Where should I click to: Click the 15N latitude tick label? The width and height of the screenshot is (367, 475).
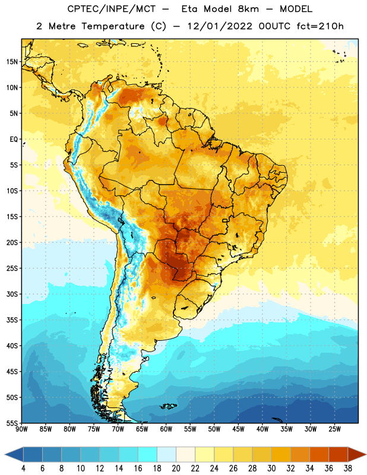click(x=12, y=62)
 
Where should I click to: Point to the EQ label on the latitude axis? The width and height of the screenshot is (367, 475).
click(x=14, y=140)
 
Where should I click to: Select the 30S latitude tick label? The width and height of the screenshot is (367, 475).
click(x=12, y=294)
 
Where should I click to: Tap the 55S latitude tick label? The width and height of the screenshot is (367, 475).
click(x=12, y=423)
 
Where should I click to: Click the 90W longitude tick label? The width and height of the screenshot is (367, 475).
click(x=21, y=429)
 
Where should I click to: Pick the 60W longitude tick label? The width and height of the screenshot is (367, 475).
click(x=166, y=429)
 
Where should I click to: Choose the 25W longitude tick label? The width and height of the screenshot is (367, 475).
click(x=334, y=429)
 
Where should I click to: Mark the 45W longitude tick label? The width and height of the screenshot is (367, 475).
click(x=238, y=429)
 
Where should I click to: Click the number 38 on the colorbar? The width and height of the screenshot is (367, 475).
click(x=348, y=468)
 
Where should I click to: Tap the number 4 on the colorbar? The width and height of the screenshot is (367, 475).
click(x=23, y=468)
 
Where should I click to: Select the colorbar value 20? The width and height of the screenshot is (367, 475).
click(x=176, y=468)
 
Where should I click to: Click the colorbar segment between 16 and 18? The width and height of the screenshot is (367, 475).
click(x=148, y=455)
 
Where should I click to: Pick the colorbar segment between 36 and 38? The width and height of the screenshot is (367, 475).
click(x=338, y=455)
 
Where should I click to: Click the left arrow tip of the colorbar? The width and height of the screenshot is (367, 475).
click(x=5, y=455)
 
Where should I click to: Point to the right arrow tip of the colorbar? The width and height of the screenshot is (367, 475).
click(x=366, y=455)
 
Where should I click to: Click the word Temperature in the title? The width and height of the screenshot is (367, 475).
click(x=113, y=26)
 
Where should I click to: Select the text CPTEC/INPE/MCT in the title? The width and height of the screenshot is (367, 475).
click(x=111, y=9)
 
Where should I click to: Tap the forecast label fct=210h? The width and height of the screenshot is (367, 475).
click(x=320, y=26)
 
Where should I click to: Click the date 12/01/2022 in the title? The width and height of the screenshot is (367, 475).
click(x=220, y=26)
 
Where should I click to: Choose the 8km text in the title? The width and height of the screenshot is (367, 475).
click(x=248, y=9)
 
